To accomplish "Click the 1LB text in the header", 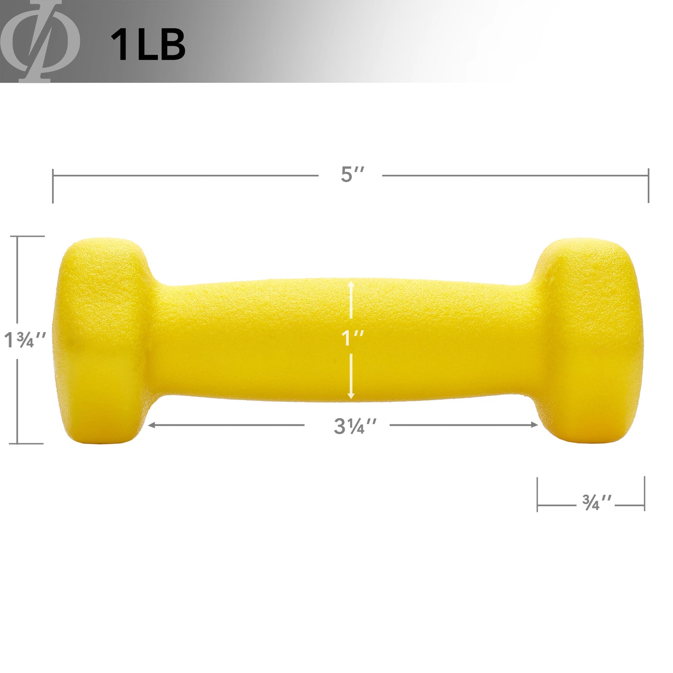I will pos(148,45).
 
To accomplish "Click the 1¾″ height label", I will pos(25,340).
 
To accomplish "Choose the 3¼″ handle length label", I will pos(355,426).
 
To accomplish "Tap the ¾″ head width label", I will pos(597,503).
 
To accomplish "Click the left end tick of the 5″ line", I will pos(53,186).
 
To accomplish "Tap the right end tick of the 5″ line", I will pos(648,186).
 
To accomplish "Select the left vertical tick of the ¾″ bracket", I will pos(537,494).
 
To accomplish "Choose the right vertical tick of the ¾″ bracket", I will pos(645,494).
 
